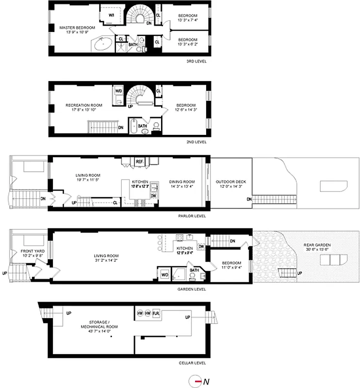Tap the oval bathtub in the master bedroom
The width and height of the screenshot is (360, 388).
coord(102,45)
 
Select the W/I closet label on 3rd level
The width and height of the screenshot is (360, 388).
coord(111,15)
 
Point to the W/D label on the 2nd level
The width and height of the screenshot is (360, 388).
coord(118,91)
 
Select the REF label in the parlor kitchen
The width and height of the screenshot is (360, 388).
coord(139,162)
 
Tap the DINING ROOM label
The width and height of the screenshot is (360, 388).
coord(182,182)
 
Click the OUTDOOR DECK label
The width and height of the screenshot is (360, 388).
coord(231,182)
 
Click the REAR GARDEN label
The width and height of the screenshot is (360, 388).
coord(318,245)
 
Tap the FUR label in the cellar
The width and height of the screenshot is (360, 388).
coord(156,313)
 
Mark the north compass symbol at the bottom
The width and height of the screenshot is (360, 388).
coord(197,381)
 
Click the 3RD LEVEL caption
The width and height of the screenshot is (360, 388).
coord(196,62)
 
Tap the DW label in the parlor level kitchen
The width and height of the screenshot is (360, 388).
coord(153,195)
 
